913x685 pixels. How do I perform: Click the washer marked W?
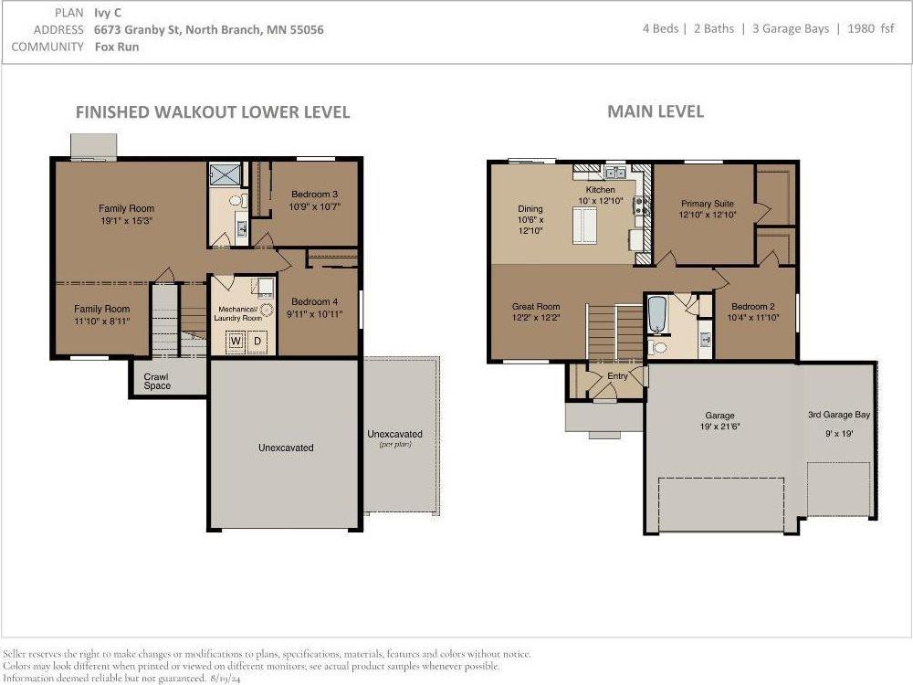pos(236,341)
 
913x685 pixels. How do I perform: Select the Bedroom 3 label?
pos(314,194)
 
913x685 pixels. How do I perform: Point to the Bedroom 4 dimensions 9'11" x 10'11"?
pos(314,314)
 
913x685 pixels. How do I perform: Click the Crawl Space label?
pos(157,382)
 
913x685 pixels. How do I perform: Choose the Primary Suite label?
pos(708,204)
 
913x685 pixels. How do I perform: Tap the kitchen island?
pos(584,225)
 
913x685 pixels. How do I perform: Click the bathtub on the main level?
pos(656,315)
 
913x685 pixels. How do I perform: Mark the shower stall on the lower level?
pos(225,174)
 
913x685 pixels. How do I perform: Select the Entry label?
pos(617,376)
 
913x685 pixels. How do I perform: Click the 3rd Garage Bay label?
pos(839,415)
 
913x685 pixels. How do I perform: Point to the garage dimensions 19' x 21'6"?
pos(719,427)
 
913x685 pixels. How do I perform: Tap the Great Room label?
pos(536,306)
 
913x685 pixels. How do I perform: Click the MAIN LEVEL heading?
pos(656,111)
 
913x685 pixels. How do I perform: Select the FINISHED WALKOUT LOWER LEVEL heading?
pos(213,111)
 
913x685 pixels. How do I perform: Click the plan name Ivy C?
pos(108,13)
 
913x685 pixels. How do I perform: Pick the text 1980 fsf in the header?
pos(870,28)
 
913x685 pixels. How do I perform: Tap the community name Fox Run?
pos(117,47)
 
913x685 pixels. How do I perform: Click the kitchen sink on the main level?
pos(614,173)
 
